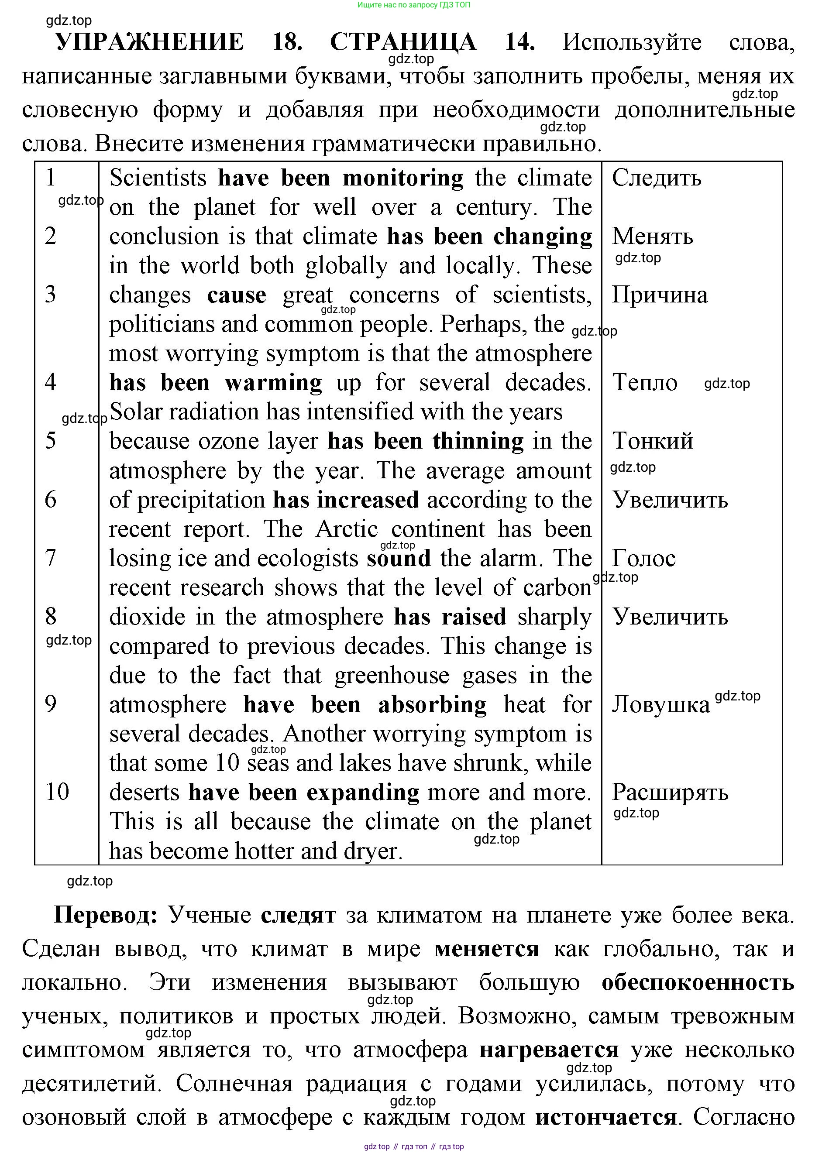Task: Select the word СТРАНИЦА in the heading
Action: (403, 42)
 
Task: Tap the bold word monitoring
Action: (403, 178)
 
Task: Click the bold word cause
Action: (237, 295)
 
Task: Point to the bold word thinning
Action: (478, 441)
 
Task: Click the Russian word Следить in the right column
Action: (656, 178)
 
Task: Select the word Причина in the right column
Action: (659, 295)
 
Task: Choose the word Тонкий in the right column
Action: (653, 441)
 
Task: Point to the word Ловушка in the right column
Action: (660, 705)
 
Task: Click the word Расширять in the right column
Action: (670, 793)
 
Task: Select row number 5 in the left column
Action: (50, 441)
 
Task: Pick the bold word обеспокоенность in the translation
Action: (698, 983)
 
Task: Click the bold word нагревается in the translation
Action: (549, 1050)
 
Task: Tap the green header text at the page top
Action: (413, 5)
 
